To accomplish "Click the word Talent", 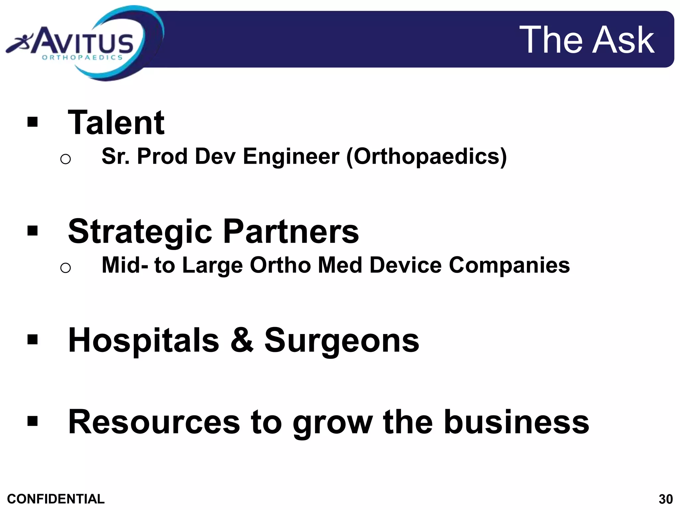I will click(x=116, y=123).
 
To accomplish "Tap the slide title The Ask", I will click(x=587, y=40).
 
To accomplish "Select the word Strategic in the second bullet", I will click(x=140, y=232).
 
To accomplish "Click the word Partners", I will click(x=291, y=231).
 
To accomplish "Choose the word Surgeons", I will click(x=342, y=340).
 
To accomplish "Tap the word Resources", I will click(x=154, y=422).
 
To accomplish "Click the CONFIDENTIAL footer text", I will click(x=56, y=499).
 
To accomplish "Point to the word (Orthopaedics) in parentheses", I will click(x=426, y=156).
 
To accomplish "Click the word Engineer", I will click(x=291, y=156).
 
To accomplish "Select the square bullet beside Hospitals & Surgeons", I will click(x=33, y=340).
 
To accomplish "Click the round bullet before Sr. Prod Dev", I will click(x=65, y=159).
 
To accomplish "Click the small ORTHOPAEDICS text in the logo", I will click(x=82, y=57).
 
